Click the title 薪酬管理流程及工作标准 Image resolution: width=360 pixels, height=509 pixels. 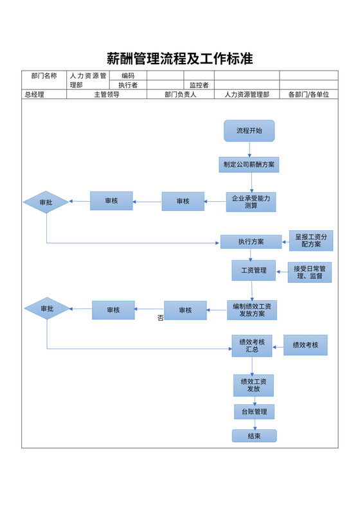click(179, 59)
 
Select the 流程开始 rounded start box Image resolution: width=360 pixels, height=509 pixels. click(249, 130)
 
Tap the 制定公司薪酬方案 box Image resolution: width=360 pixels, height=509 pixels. click(249, 165)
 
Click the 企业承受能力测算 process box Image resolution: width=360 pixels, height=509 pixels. click(251, 202)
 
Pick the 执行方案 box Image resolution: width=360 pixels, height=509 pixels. click(251, 242)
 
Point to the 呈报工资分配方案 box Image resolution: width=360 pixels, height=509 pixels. click(311, 241)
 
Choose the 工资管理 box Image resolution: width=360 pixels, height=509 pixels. click(253, 271)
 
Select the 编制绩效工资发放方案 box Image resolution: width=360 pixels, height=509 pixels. click(252, 310)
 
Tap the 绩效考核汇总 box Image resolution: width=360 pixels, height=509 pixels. click(252, 346)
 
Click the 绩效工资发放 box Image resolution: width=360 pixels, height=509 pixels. click(254, 385)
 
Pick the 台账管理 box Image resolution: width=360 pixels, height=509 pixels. click(254, 411)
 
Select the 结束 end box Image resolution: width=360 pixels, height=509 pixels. click(254, 436)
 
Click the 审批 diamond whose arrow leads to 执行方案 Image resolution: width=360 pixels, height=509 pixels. click(46, 202)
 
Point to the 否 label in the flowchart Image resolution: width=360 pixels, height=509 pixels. click(160, 318)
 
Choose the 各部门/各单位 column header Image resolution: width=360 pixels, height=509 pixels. click(309, 94)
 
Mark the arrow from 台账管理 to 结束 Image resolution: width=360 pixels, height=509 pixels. click(255, 424)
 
